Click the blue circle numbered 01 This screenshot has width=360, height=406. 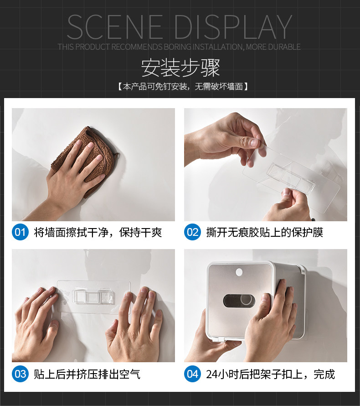coord(20,232)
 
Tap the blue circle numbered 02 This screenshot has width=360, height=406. coord(192,232)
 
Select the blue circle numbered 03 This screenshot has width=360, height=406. coord(20,374)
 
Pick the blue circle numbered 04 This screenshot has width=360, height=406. coord(192,374)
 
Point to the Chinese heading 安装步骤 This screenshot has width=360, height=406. coord(180,68)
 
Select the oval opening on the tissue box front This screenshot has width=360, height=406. coord(239,301)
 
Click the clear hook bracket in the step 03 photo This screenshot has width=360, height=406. coord(93,296)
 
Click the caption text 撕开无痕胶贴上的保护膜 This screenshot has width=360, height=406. coord(265,232)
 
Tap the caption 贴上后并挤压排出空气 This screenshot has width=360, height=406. coord(87,374)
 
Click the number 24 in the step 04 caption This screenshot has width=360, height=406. coord(211,374)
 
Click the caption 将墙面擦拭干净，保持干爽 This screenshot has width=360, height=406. coord(98,232)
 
